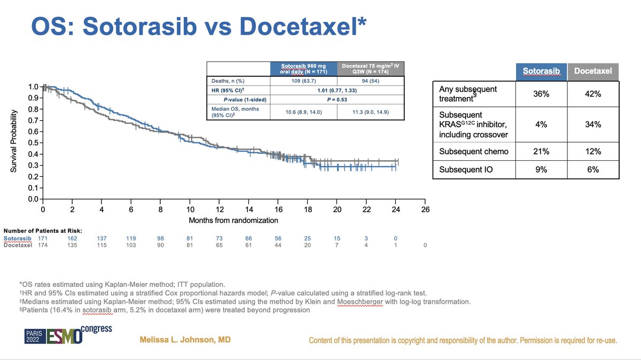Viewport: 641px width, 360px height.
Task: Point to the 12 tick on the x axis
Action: click(220, 210)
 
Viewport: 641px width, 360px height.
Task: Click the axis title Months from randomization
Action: click(233, 220)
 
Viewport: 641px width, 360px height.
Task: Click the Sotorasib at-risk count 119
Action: click(131, 238)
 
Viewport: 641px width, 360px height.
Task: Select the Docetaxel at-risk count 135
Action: click(72, 245)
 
